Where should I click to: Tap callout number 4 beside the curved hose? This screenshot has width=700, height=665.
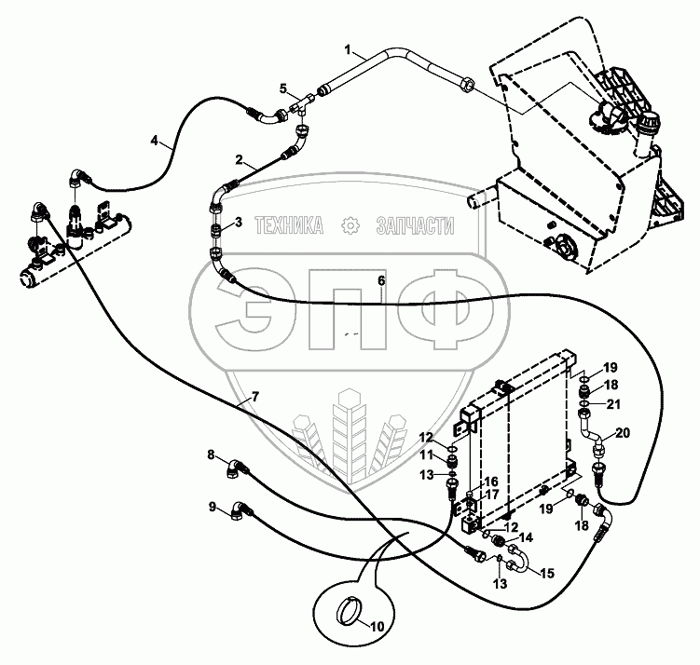tap(155, 141)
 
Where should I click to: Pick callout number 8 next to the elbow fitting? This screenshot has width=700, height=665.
tap(211, 455)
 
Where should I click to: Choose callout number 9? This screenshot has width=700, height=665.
tap(212, 507)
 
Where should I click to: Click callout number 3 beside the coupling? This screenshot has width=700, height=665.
tap(238, 222)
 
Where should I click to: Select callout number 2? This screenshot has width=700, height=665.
tap(239, 159)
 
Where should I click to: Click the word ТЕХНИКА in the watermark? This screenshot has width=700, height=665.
tap(289, 224)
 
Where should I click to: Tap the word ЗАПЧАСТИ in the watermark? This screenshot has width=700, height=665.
tap(414, 224)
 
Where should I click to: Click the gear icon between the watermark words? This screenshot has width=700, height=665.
tap(350, 224)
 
